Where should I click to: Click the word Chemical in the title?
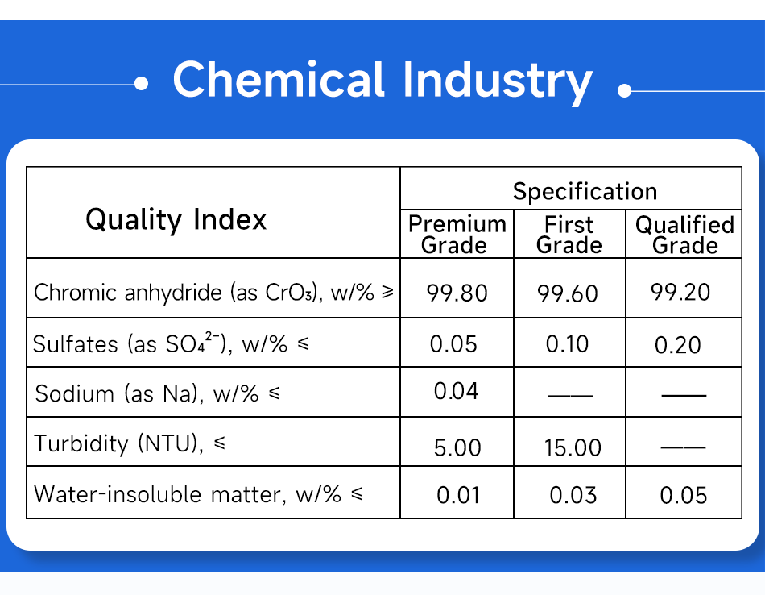coord(279,79)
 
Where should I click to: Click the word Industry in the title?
coord(498,82)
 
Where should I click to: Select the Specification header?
coord(585,191)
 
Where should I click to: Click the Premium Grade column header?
coord(457,235)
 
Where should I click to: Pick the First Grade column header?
coord(569,235)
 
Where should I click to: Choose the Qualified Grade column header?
coord(685,235)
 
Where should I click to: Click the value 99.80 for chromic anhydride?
coord(457,293)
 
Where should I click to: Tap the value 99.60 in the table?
coord(568,293)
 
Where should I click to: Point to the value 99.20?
coord(680,292)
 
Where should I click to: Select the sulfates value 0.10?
coord(567,344)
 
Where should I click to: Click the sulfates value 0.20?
coord(678,345)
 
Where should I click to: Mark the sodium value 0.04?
coord(456,391)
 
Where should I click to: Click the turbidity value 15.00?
coord(573,447)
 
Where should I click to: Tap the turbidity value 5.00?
coord(457,447)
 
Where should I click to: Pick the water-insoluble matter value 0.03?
coord(573,495)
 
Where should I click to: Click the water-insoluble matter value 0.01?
coord(458,495)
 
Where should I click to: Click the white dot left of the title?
coord(141,84)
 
